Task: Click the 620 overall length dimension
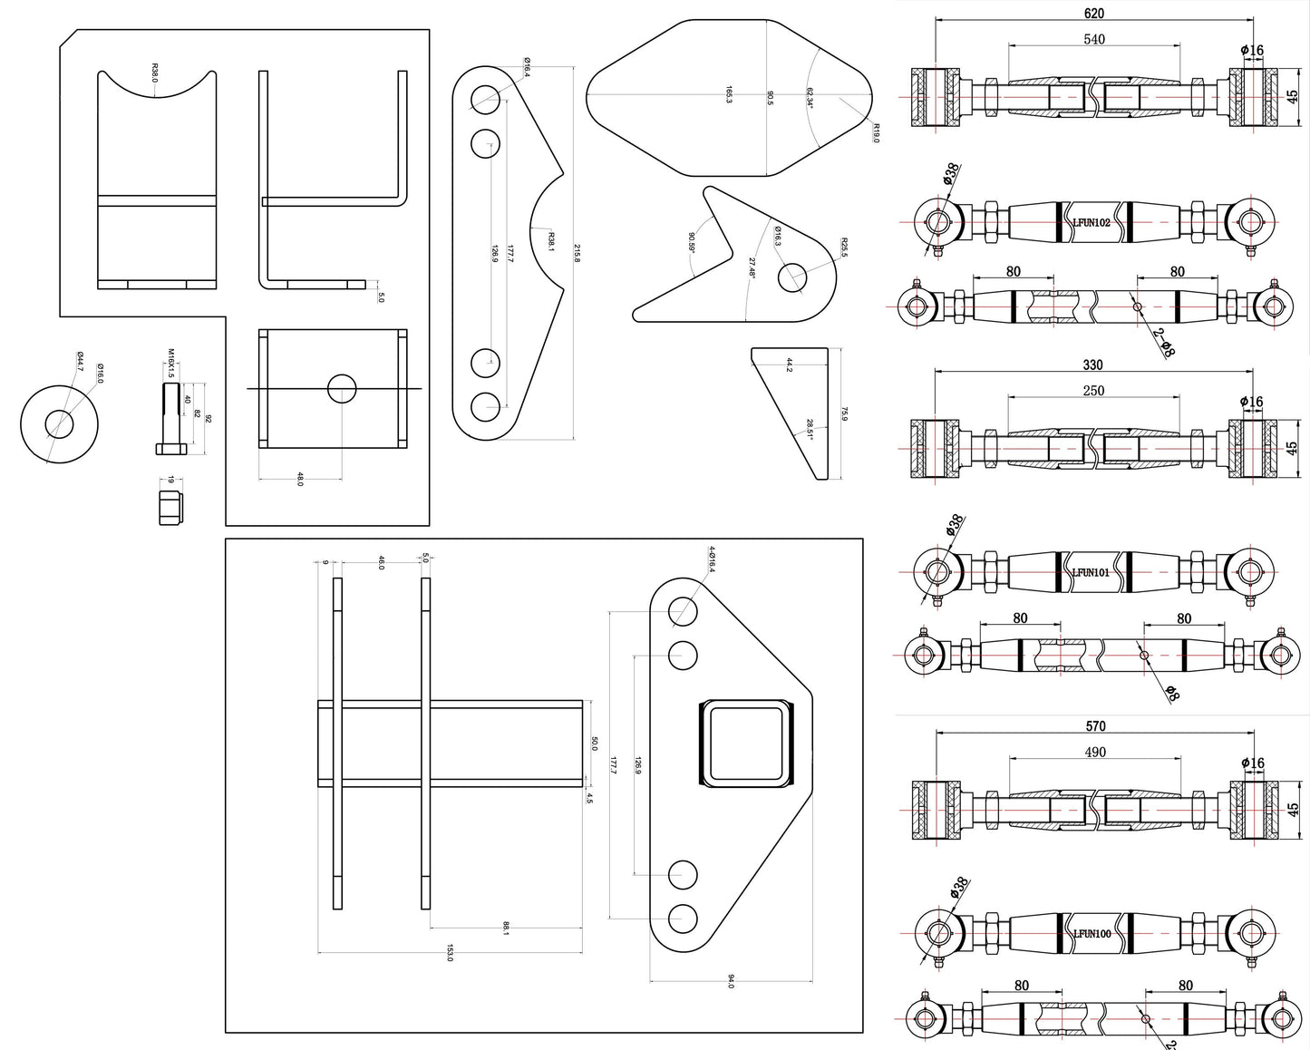1094,13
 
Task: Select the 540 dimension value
1094,39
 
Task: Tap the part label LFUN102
1092,221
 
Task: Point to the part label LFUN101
1091,572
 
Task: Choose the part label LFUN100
1092,933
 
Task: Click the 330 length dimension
1093,365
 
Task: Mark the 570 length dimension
1094,726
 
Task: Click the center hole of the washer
60,423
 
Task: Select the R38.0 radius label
155,73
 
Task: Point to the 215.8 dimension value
577,255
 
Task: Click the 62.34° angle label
810,98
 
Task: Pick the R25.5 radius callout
842,246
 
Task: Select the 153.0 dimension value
450,953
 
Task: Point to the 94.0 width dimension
732,980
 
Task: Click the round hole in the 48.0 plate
342,389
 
